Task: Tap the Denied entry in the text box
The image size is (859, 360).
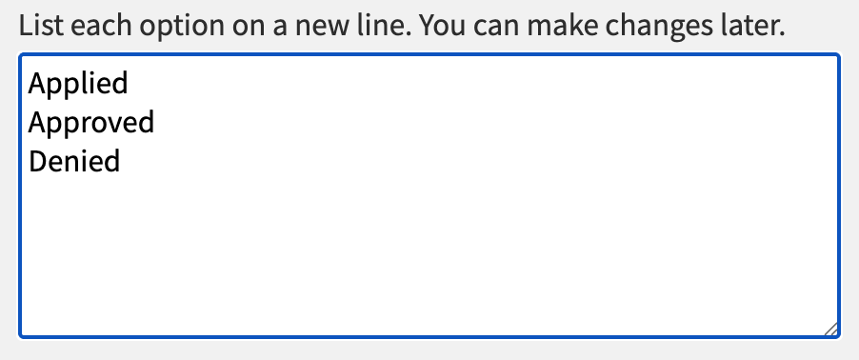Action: tap(74, 162)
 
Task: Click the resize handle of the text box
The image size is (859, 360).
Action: tap(831, 329)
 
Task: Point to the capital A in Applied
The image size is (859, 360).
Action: tap(37, 83)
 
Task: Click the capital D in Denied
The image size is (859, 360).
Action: tap(38, 162)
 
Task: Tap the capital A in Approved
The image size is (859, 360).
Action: tap(37, 123)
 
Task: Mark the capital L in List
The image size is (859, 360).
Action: tap(26, 25)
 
